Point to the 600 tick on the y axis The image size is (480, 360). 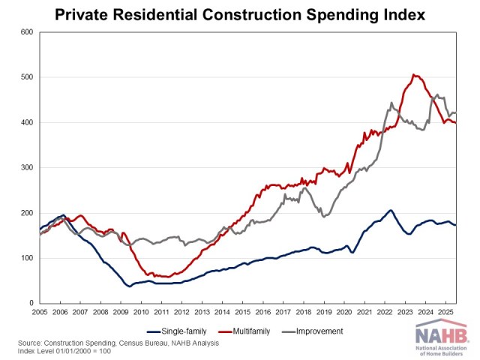(26, 32)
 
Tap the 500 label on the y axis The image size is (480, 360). (26, 77)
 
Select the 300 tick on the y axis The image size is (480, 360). (26, 168)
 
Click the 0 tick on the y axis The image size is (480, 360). (31, 304)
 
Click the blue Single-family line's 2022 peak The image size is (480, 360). (391, 210)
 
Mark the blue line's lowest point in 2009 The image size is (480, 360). (130, 286)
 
